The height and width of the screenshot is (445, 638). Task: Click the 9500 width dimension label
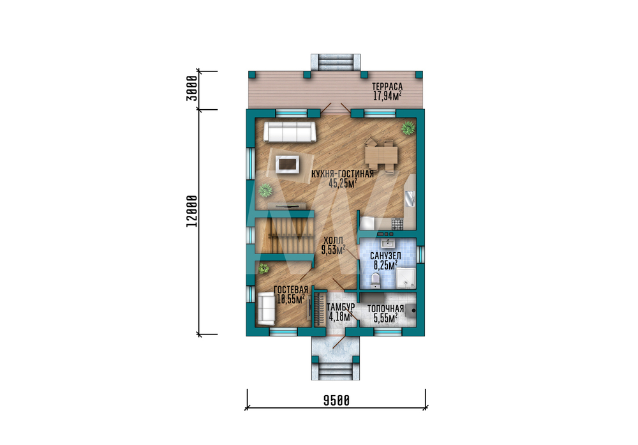click(x=336, y=401)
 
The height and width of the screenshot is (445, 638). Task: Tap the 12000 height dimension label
click(x=192, y=211)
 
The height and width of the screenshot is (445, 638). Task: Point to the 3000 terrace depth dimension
click(x=192, y=88)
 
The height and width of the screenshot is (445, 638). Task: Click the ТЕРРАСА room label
click(x=387, y=86)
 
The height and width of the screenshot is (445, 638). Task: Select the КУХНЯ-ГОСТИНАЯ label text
click(x=343, y=174)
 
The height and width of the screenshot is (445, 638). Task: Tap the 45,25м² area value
click(x=343, y=183)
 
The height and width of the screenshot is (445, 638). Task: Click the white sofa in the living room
click(x=290, y=132)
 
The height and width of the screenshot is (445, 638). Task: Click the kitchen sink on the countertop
click(x=410, y=198)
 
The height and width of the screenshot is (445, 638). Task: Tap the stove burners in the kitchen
click(x=397, y=223)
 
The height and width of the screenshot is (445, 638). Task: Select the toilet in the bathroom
click(x=376, y=280)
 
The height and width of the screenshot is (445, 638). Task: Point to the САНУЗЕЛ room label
click(x=385, y=256)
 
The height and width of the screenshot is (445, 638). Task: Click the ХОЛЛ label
click(x=333, y=240)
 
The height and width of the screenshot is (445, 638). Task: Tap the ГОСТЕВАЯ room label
click(x=290, y=290)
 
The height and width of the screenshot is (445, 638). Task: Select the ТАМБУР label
click(x=341, y=306)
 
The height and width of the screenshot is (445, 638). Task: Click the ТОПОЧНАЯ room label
click(x=385, y=308)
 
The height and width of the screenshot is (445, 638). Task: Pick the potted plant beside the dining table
click(x=408, y=128)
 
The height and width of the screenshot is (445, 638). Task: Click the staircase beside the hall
click(x=285, y=236)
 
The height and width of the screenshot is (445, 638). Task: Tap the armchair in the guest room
click(x=266, y=308)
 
